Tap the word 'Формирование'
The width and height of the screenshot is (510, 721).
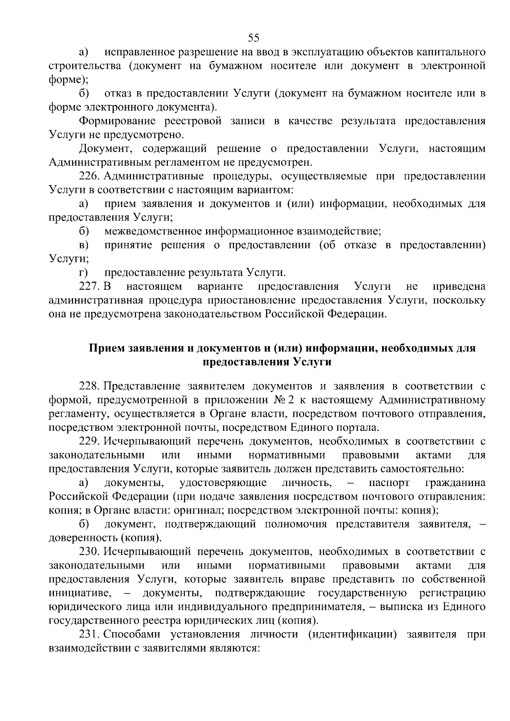tap(114, 121)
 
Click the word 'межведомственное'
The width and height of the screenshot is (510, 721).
tap(153, 232)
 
